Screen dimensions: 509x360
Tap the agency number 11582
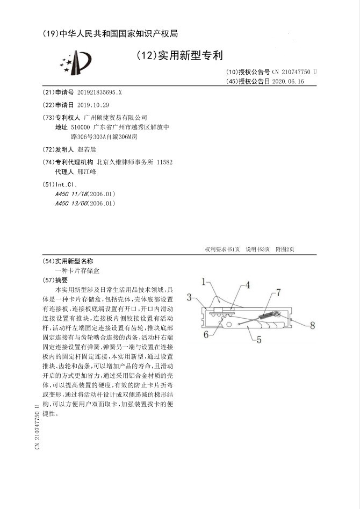pyautogui.click(x=164, y=161)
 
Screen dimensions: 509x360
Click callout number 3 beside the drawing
pyautogui.click(x=190, y=297)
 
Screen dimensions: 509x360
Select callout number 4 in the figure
pyautogui.click(x=247, y=286)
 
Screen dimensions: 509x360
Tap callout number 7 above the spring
pyautogui.click(x=278, y=292)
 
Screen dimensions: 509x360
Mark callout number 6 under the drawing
pyautogui.click(x=206, y=334)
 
